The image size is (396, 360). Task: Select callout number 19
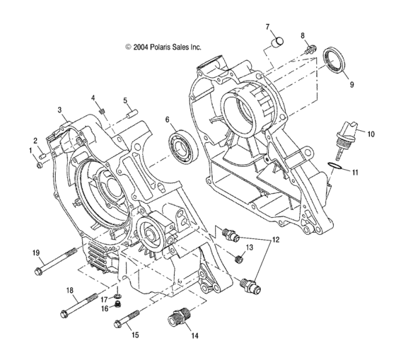tap(35, 253)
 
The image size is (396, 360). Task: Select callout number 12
tap(274, 240)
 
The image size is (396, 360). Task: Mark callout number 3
tap(61, 110)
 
